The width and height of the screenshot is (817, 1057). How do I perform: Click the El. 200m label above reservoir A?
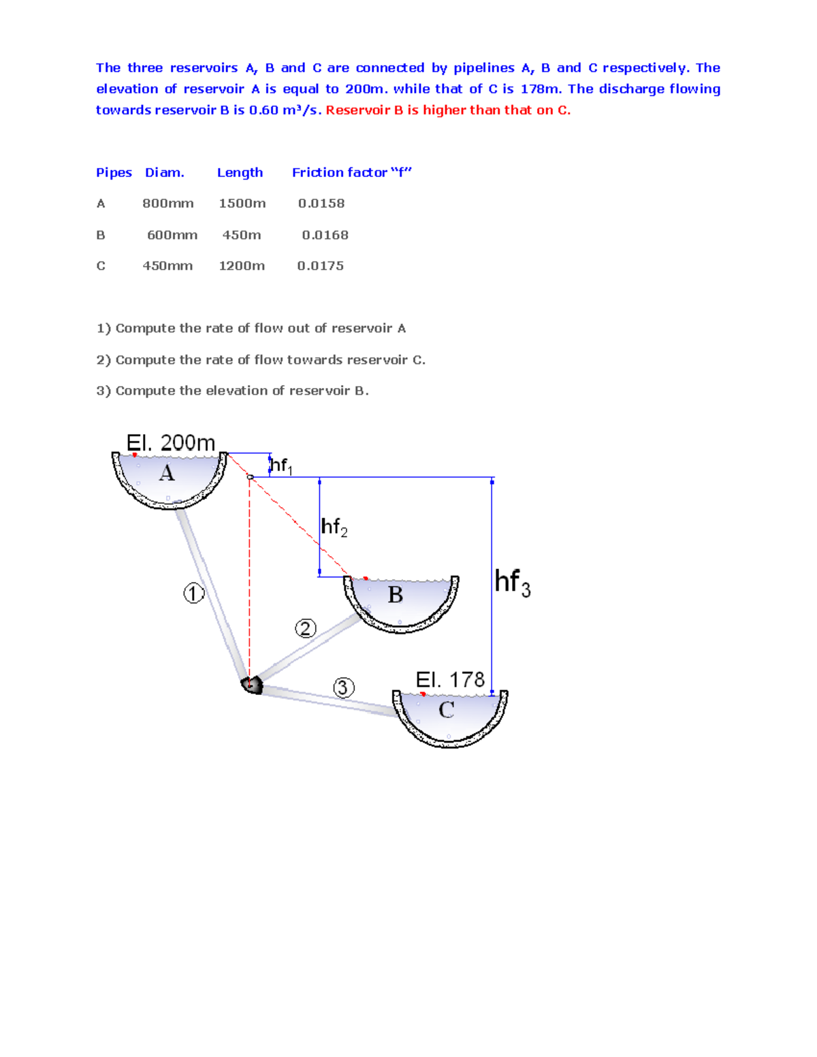[171, 442]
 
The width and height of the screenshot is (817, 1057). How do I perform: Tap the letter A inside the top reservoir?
[167, 473]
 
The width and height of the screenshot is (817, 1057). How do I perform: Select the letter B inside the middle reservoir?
[396, 595]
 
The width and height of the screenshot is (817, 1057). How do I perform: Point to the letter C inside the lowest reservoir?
[447, 710]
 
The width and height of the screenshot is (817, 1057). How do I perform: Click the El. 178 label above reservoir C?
[450, 679]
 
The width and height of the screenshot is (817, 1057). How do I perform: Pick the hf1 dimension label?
[281, 466]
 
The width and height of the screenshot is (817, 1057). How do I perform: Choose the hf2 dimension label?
[334, 527]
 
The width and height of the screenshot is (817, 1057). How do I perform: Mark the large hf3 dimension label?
[512, 583]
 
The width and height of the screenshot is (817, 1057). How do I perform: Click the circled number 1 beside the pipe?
[193, 593]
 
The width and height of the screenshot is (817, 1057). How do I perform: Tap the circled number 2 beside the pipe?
[306, 628]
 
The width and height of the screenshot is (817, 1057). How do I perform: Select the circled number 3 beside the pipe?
[343, 687]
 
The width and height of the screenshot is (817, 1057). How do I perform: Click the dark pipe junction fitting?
[253, 685]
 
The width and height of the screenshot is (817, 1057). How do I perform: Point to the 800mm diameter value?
[168, 204]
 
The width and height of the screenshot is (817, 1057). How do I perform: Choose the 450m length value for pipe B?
[242, 235]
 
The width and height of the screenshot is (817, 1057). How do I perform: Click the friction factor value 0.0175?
[320, 266]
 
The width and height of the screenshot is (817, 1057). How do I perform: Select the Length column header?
[240, 172]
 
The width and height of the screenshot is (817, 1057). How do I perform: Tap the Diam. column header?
[164, 172]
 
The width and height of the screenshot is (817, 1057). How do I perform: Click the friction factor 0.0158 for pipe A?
[321, 204]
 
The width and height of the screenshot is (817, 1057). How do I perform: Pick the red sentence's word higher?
[444, 110]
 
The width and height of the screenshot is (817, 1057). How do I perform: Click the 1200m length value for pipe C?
[242, 266]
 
